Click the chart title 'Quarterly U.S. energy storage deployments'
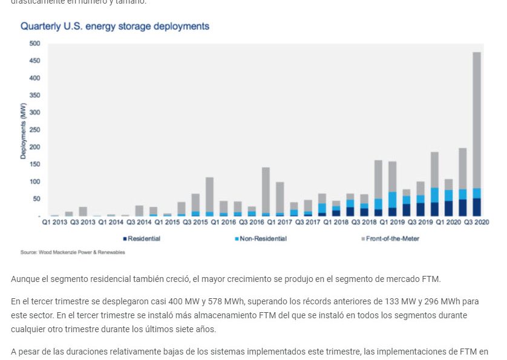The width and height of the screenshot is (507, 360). pos(115,27)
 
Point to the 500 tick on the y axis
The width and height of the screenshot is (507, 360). pos(34,44)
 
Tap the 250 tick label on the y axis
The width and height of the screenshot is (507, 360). pos(34,130)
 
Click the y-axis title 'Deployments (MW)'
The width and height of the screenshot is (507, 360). pos(23,130)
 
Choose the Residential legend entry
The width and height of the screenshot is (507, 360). pos(142,239)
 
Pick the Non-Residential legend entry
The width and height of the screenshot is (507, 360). pos(261,239)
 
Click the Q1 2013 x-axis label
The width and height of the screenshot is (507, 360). pos(54,222)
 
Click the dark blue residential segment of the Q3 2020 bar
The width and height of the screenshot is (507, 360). pos(477,207)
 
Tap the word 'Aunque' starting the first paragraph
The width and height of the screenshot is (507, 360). pos(25,278)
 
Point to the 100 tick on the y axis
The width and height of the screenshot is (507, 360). pos(34,182)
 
